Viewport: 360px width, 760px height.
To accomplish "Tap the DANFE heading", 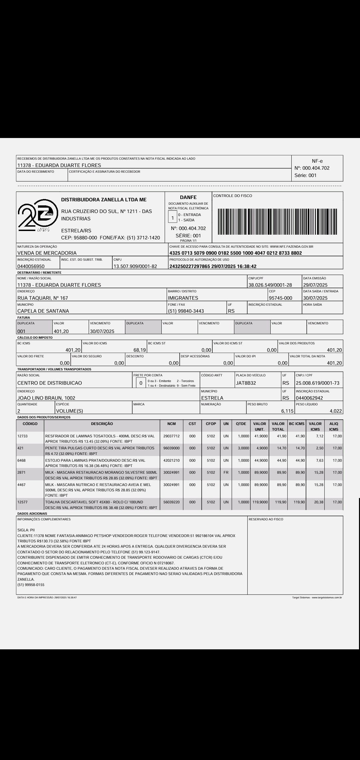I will click(x=188, y=197).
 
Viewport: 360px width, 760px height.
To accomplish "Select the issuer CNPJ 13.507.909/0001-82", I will click(x=135, y=266).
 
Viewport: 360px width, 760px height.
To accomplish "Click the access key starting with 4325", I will click(x=236, y=253).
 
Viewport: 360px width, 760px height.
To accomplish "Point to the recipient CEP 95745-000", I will click(x=281, y=298).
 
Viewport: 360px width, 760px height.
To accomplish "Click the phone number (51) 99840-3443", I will click(x=186, y=311).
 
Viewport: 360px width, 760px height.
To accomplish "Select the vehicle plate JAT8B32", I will click(x=246, y=383).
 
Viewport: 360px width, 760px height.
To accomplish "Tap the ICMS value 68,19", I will click(x=139, y=350).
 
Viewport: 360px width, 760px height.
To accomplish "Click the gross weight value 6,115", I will click(x=287, y=411).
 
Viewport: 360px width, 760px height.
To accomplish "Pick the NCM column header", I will click(x=172, y=424).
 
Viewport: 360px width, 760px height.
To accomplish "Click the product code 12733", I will click(x=22, y=436).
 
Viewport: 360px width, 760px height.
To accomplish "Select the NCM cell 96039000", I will click(x=172, y=448).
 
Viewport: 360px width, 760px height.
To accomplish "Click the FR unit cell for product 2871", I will click(x=226, y=472).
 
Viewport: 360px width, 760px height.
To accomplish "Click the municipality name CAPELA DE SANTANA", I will click(x=43, y=311).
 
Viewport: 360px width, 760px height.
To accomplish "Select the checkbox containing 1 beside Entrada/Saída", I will click(x=173, y=218).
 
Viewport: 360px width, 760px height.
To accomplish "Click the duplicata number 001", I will click(x=21, y=331).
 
